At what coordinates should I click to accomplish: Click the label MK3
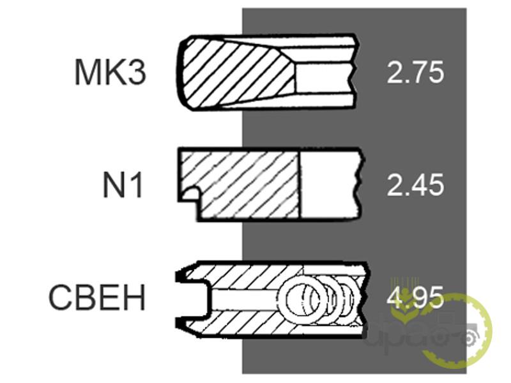pos(111,72)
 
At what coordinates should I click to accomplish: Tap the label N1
pos(123,185)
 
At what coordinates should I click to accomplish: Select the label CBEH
pos(97,297)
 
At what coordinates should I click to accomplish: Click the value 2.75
pos(415,72)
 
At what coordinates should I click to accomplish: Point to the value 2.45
pos(415,184)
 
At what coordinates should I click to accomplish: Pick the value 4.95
pos(415,297)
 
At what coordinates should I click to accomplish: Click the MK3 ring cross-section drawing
pos(267,71)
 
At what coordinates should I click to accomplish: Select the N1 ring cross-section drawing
pos(270,184)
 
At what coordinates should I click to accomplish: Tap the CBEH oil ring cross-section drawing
pos(272,299)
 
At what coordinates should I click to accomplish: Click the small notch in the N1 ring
pos(190,194)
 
